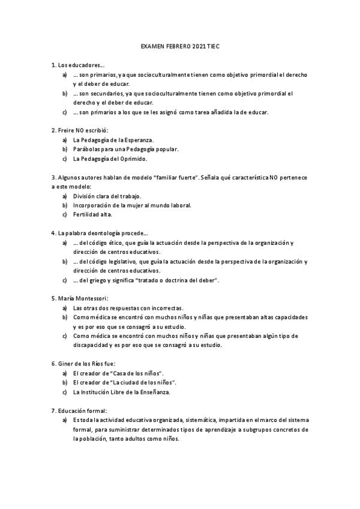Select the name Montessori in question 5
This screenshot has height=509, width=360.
pos(90,298)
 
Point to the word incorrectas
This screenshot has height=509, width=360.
pos(165,307)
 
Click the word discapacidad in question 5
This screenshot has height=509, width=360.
pos(93,345)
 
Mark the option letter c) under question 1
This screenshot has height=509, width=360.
pos(64,112)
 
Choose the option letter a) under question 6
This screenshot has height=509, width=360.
pos(64,373)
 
